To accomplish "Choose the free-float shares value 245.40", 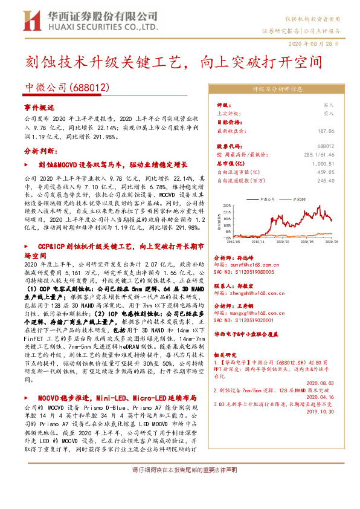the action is point(326,180).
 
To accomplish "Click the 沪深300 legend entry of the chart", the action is point(298,197).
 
